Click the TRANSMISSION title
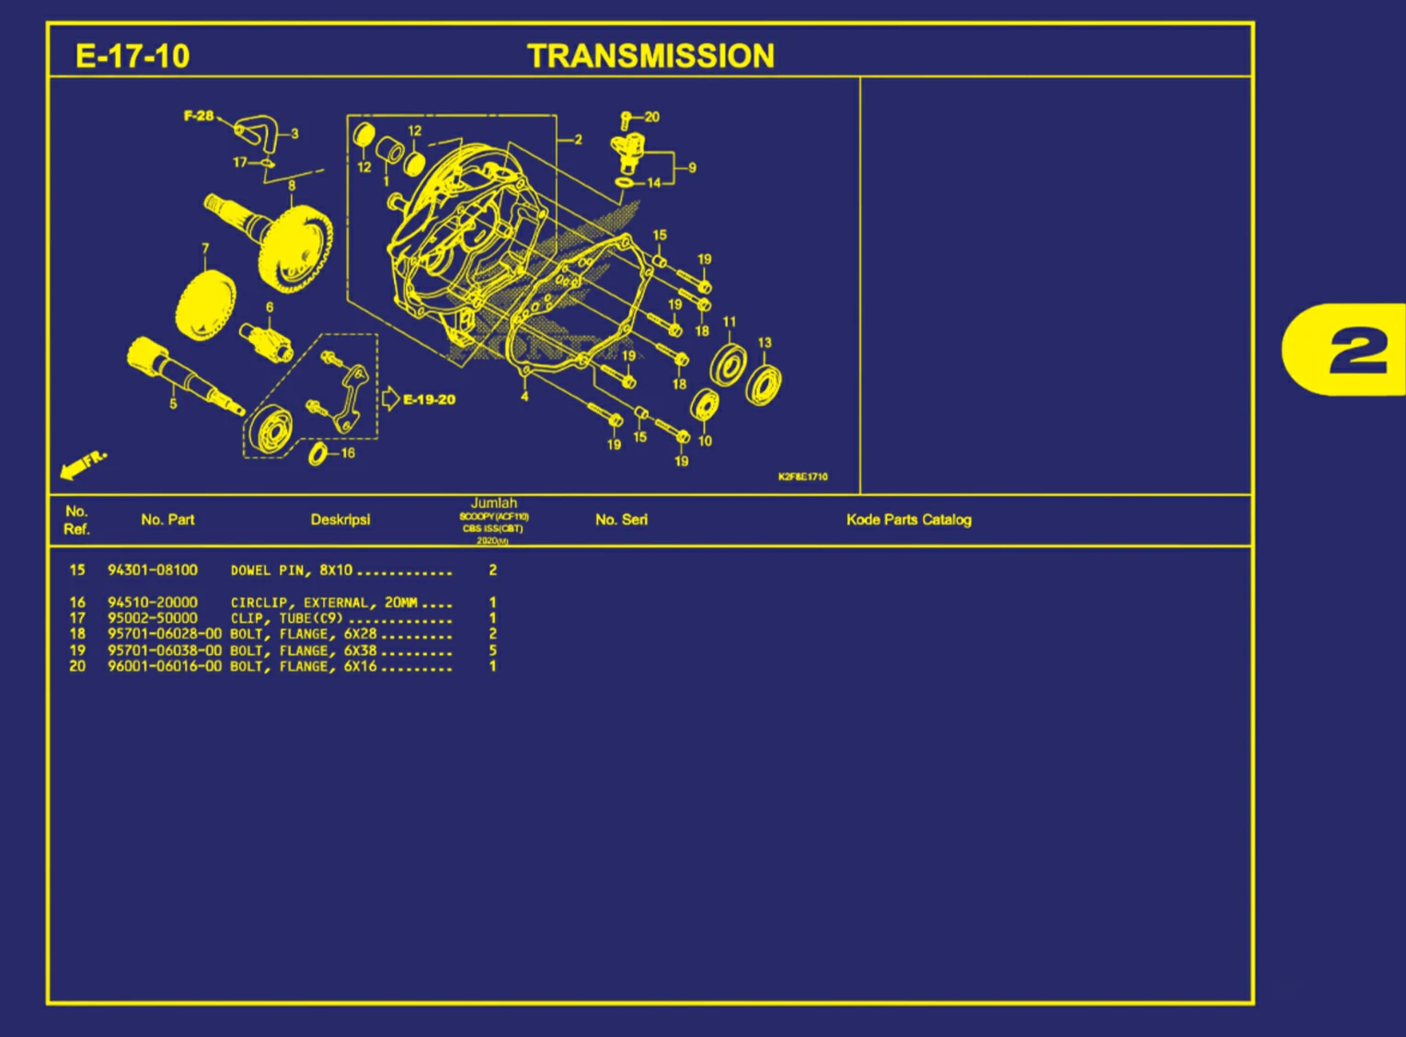[x=651, y=56]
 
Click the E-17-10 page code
[x=133, y=56]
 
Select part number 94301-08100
[x=152, y=570]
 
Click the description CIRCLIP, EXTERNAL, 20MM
[x=324, y=603]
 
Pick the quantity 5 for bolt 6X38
[x=493, y=651]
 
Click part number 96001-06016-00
[x=164, y=666]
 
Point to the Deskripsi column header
[x=340, y=520]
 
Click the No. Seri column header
[x=621, y=520]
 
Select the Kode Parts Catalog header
[x=908, y=520]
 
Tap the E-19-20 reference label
[x=428, y=399]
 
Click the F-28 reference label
[x=198, y=116]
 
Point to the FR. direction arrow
[x=83, y=465]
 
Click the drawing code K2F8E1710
[x=802, y=477]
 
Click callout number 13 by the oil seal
[x=765, y=342]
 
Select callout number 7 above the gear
[x=205, y=248]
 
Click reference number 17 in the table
[x=77, y=618]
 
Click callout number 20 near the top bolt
[x=651, y=117]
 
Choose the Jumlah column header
[x=494, y=503]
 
